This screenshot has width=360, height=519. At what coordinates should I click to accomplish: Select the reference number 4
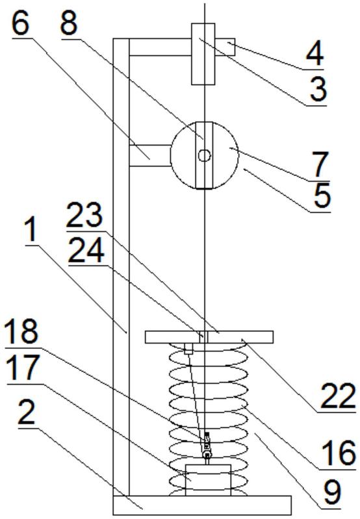pos(314,54)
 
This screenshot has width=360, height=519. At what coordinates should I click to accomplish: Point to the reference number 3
pos(318,90)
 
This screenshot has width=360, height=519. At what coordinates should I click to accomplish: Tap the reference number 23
pos(84,214)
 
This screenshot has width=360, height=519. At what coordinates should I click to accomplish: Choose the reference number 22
pos(337,396)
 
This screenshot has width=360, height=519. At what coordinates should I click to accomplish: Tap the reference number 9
pos(331,492)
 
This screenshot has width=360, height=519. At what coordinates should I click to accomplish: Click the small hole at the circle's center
pos(204,155)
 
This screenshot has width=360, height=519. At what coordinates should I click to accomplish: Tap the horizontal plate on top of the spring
pos(209,337)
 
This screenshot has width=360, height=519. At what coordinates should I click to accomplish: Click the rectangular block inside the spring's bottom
pos(208,480)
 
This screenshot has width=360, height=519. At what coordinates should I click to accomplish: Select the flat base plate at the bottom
pos(202,505)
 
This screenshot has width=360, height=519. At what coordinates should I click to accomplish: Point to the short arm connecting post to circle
pos(149,155)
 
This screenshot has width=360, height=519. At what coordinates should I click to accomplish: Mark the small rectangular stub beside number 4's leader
pos(225,47)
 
